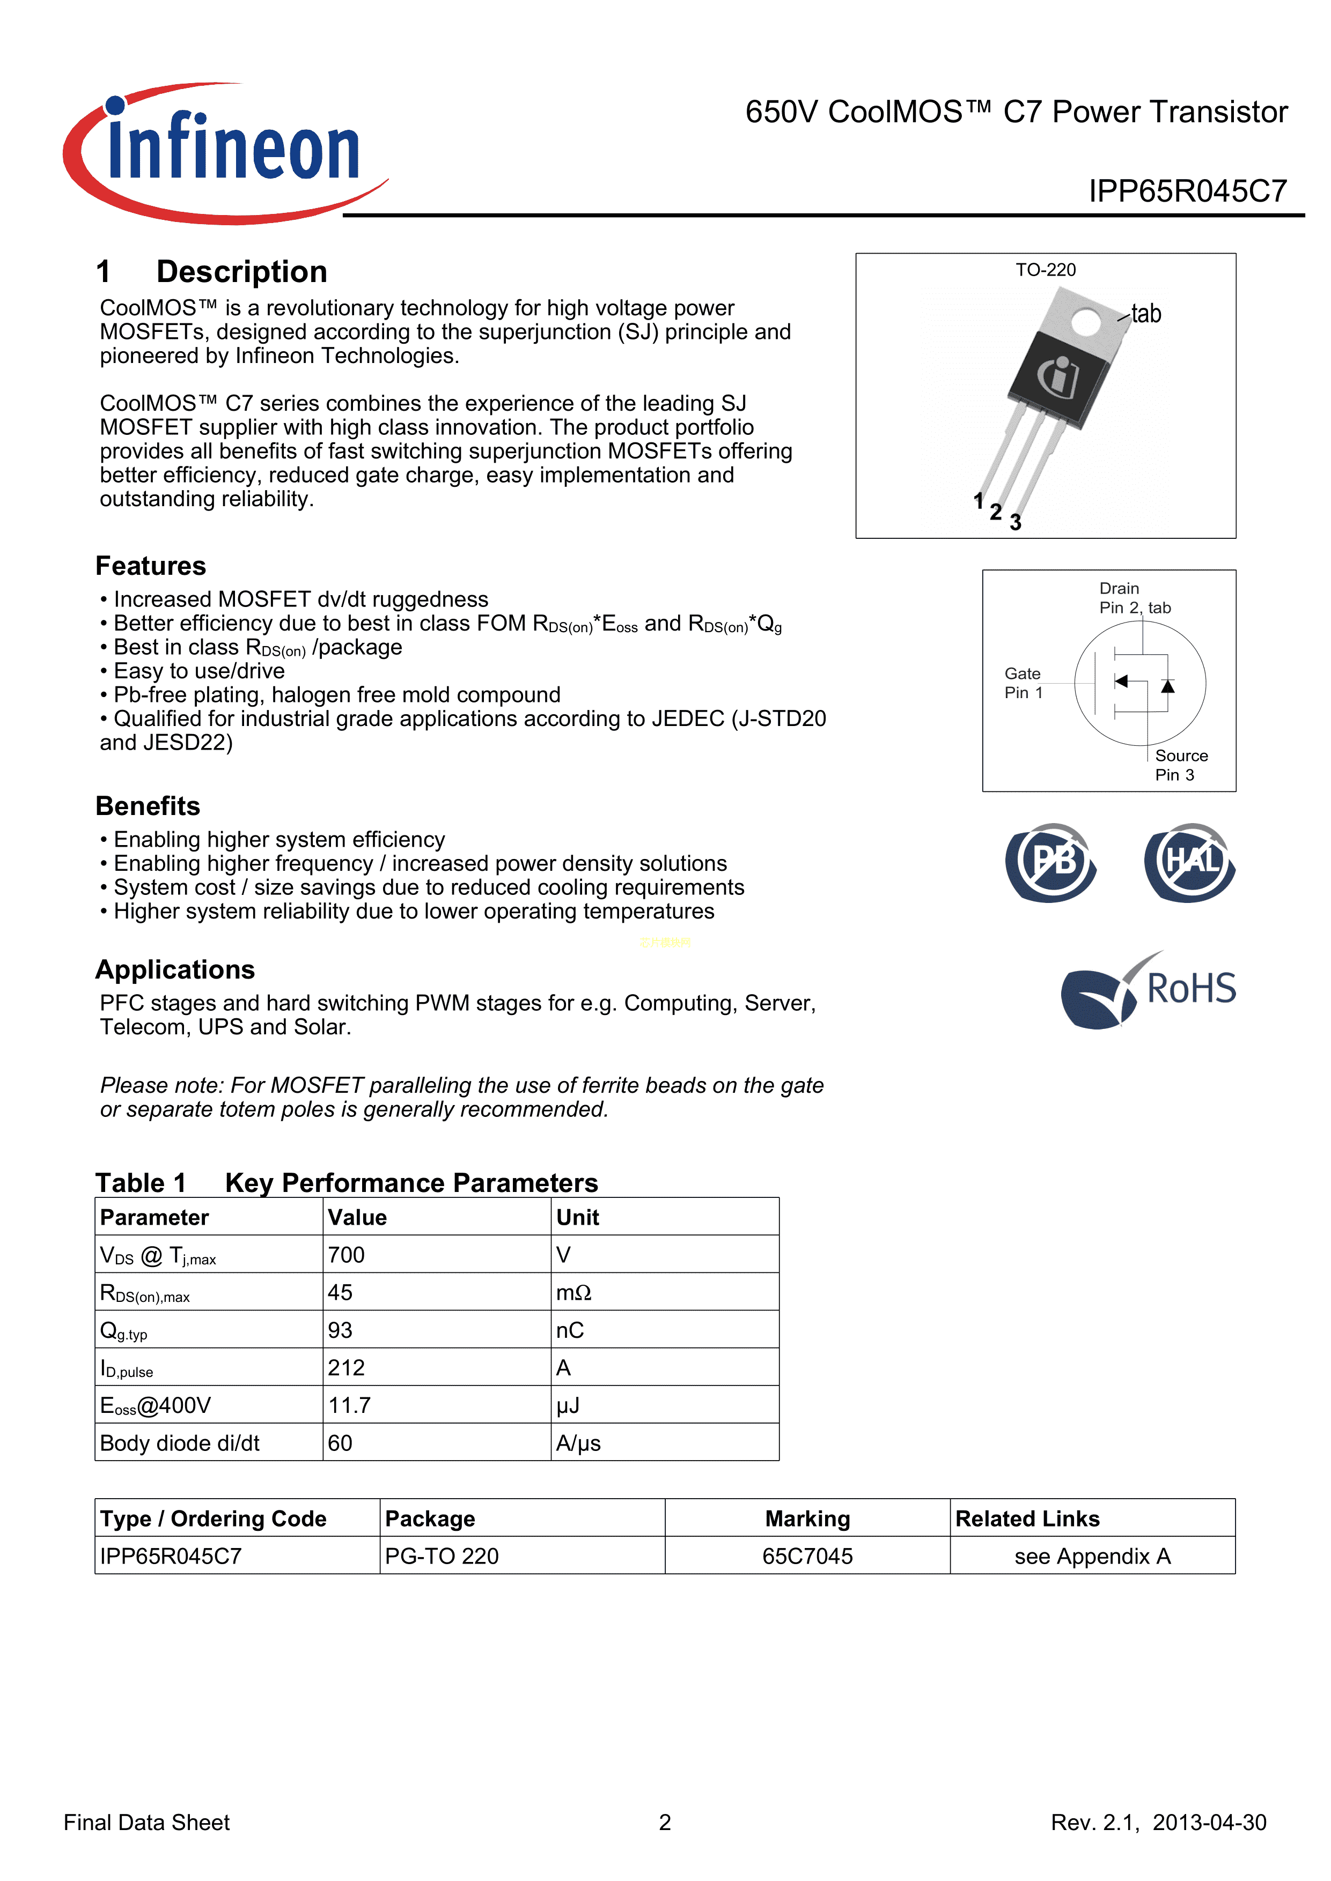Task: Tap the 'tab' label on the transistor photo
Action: pyautogui.click(x=1146, y=314)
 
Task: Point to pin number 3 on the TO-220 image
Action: pyautogui.click(x=1016, y=522)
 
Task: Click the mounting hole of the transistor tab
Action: pyautogui.click(x=1086, y=322)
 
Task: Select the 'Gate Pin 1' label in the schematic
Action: pyautogui.click(x=1024, y=683)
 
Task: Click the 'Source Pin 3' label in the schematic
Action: pyautogui.click(x=1180, y=765)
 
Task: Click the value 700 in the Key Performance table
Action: pyautogui.click(x=346, y=1255)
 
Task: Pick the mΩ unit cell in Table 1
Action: pyautogui.click(x=573, y=1293)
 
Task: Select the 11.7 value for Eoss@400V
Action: pyautogui.click(x=349, y=1406)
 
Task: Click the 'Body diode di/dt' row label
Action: pyautogui.click(x=180, y=1443)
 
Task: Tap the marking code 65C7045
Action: pyautogui.click(x=807, y=1557)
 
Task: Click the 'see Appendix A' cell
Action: pyautogui.click(x=1092, y=1557)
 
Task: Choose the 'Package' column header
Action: pyautogui.click(x=430, y=1519)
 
